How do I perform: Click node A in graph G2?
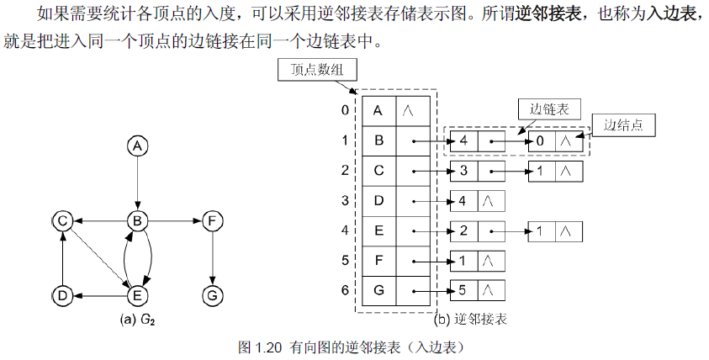click(137, 146)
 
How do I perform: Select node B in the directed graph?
click(137, 220)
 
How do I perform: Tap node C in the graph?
click(61, 220)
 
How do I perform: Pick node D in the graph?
click(61, 294)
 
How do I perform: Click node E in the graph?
click(137, 294)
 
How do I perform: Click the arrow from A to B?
click(137, 183)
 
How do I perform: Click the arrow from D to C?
click(61, 257)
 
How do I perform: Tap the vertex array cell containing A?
click(378, 109)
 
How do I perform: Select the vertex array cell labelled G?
click(378, 292)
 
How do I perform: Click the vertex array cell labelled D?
click(378, 201)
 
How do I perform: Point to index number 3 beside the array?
click(345, 201)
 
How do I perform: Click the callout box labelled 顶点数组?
click(315, 71)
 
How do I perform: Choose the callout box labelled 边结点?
click(623, 124)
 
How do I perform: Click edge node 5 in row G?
click(463, 292)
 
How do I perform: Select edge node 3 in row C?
click(463, 171)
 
